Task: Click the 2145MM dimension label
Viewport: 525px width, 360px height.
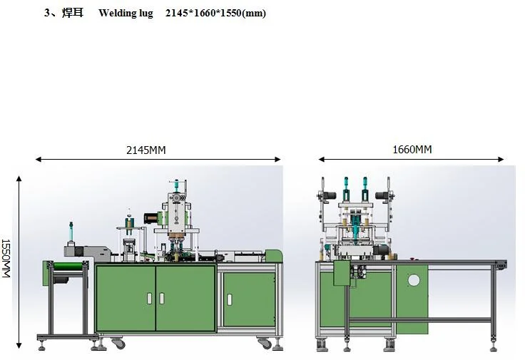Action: click(x=146, y=150)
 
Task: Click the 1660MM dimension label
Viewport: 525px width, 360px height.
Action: click(x=412, y=149)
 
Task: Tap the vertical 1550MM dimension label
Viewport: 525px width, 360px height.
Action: click(x=6, y=258)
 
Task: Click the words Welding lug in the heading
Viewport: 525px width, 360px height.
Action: click(x=126, y=13)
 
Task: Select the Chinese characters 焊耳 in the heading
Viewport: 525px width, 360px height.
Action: click(x=73, y=13)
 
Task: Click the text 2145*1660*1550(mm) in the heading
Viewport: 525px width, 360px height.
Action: click(x=215, y=13)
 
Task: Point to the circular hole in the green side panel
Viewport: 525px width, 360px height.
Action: click(x=414, y=280)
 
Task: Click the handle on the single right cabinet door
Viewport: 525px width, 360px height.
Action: click(x=230, y=299)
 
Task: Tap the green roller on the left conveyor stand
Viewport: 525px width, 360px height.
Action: click(x=68, y=267)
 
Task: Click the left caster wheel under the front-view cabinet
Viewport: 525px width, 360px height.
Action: click(x=118, y=344)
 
